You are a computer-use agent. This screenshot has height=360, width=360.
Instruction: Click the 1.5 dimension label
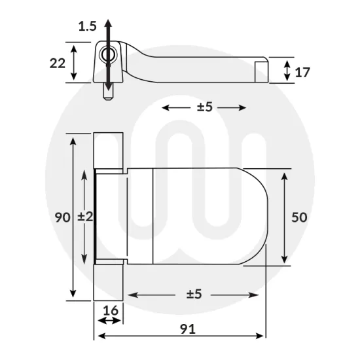(87, 26)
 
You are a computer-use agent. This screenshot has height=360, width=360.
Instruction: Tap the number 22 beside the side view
(57, 63)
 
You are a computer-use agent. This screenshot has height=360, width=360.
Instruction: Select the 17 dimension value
(302, 73)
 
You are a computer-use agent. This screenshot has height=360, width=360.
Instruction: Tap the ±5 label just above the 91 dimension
(194, 295)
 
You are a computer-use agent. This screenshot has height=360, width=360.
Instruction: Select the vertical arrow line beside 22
(76, 63)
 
